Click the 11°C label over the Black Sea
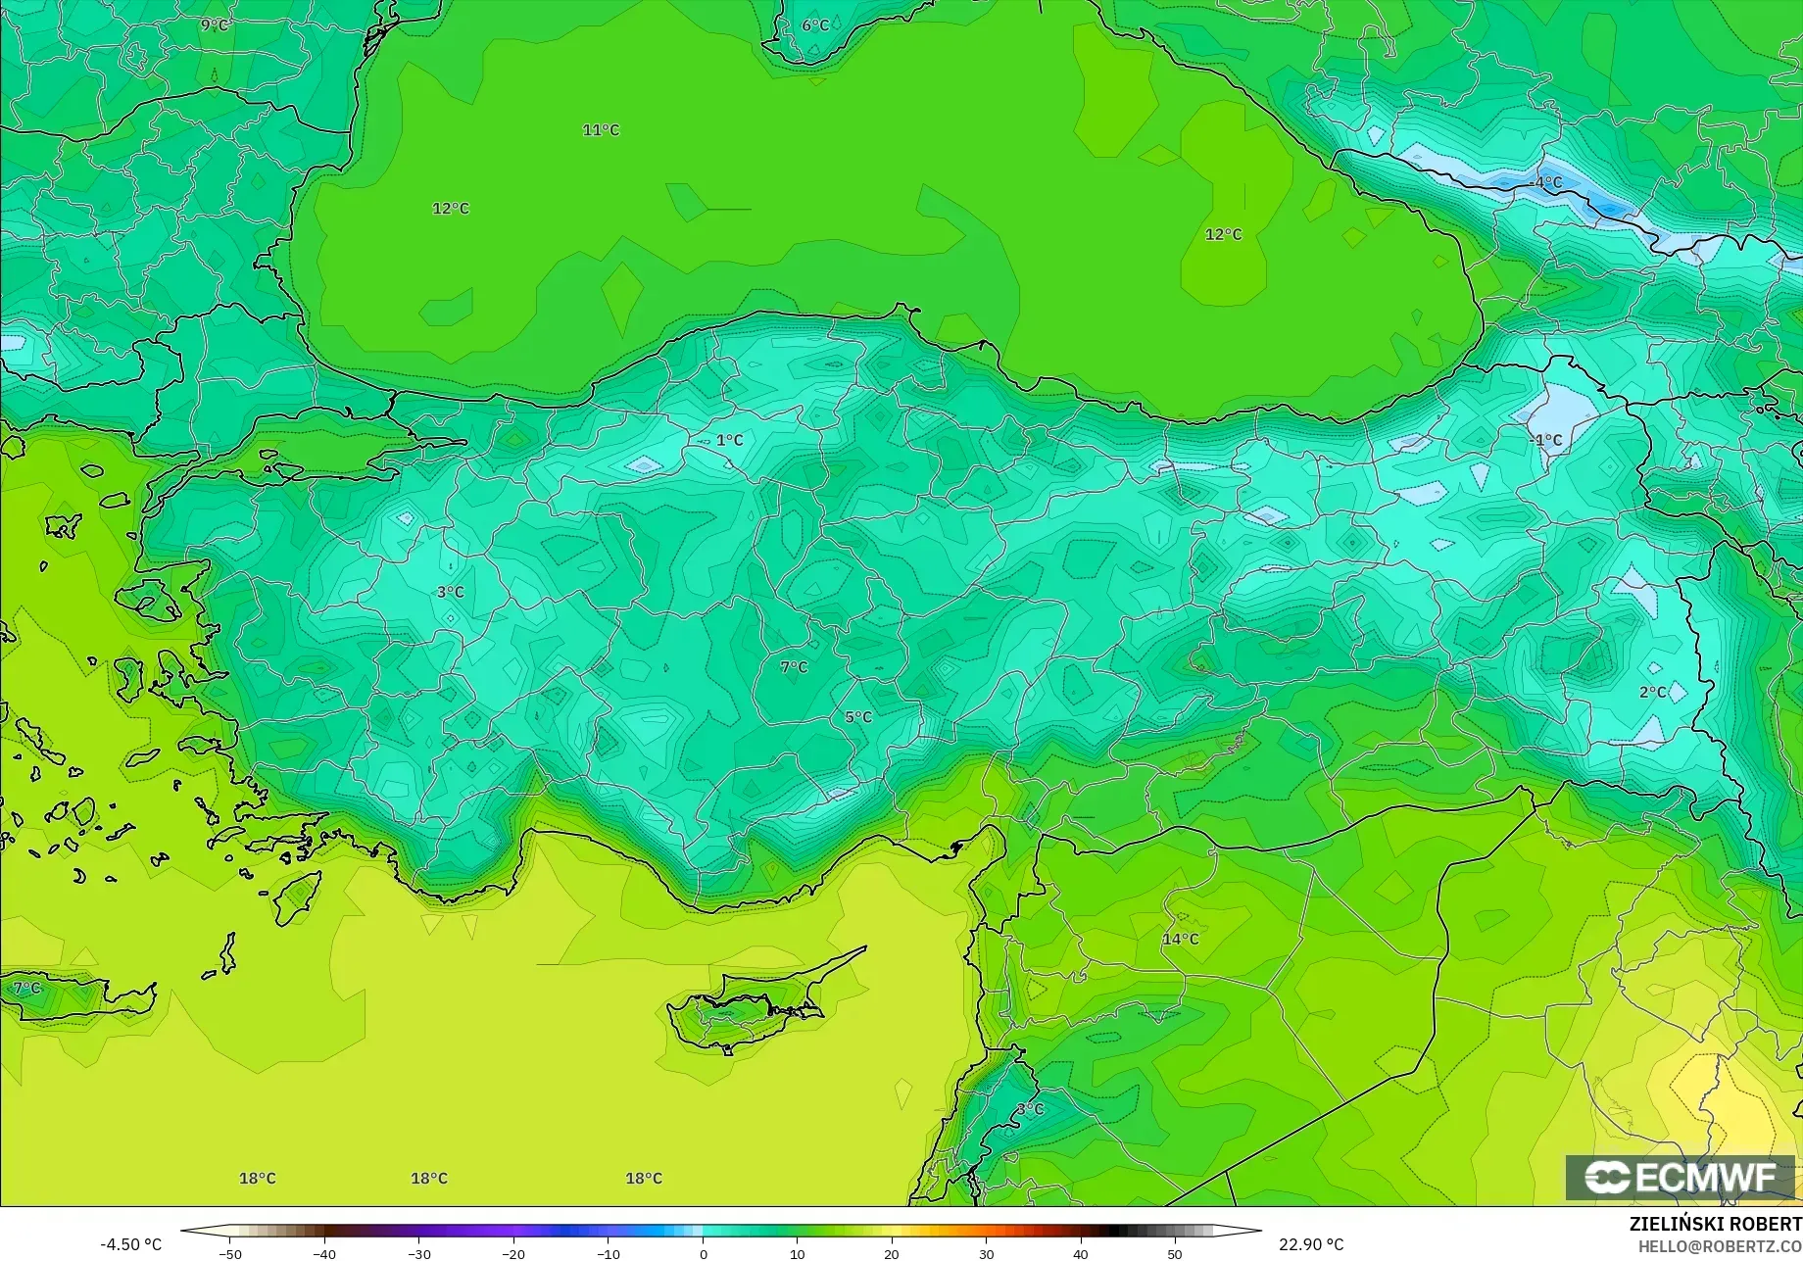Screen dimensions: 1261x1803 coord(601,130)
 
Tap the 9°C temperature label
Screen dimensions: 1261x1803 coord(215,24)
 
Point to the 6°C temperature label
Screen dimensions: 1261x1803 coord(815,25)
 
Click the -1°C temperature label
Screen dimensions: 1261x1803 coord(1546,440)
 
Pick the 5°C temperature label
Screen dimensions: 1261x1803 coord(858,717)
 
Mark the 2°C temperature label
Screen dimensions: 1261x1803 coord(1652,693)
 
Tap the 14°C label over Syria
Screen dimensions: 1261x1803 coord(1180,939)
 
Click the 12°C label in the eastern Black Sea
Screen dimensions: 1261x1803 coord(1223,235)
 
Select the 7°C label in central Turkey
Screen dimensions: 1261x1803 coord(794,667)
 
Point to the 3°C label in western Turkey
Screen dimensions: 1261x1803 coord(451,593)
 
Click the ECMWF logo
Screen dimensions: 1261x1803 coord(1680,1178)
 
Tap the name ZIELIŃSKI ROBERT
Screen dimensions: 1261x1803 coord(1715,1224)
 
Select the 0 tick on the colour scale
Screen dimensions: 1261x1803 coord(703,1253)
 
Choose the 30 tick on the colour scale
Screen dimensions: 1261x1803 coord(986,1253)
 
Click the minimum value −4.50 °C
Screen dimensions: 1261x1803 coord(130,1244)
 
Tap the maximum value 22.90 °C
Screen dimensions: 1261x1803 coord(1311,1244)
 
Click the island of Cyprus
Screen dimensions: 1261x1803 coord(745,1009)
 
